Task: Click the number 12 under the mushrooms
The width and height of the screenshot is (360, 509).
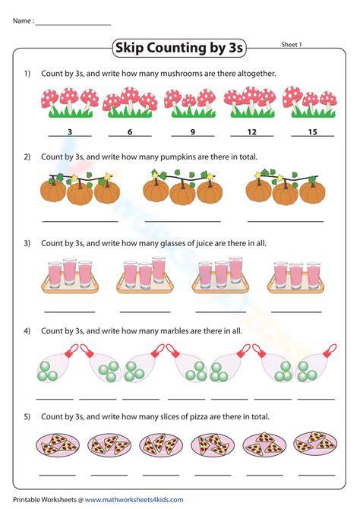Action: click(x=252, y=131)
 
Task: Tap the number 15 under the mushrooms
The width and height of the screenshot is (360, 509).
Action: click(x=312, y=131)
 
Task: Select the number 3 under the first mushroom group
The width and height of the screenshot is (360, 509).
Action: click(x=70, y=131)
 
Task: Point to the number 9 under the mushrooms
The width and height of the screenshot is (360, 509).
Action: click(x=193, y=131)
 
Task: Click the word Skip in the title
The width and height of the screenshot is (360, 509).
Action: click(x=130, y=48)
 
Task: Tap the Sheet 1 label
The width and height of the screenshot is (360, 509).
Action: click(x=292, y=45)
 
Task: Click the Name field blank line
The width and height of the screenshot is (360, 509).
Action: click(x=73, y=24)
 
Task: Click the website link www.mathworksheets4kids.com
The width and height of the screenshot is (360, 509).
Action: click(x=134, y=500)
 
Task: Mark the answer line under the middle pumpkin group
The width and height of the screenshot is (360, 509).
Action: click(x=183, y=222)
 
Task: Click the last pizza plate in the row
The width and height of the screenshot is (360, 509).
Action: click(x=315, y=443)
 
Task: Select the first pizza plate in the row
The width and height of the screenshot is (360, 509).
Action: click(x=58, y=444)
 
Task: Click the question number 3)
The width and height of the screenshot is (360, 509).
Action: click(x=27, y=243)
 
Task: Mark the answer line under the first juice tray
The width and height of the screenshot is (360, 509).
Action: click(x=70, y=312)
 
